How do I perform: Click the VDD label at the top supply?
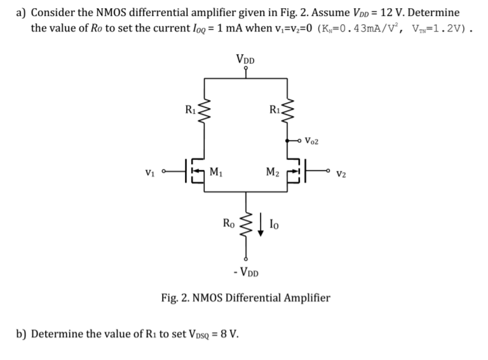pos(245,60)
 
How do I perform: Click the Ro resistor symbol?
pos(246,225)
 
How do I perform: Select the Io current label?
pos(274,223)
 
